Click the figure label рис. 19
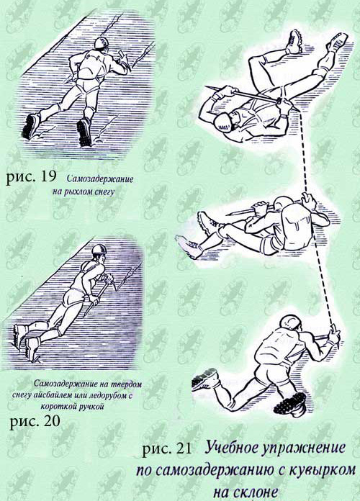click(31, 177)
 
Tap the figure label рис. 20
click(35, 422)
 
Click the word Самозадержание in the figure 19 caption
click(100, 179)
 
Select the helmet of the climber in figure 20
click(99, 250)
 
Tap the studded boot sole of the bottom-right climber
click(289, 402)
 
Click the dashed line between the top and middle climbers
click(303, 153)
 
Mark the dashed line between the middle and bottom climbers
click(323, 278)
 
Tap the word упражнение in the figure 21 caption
click(304, 448)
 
